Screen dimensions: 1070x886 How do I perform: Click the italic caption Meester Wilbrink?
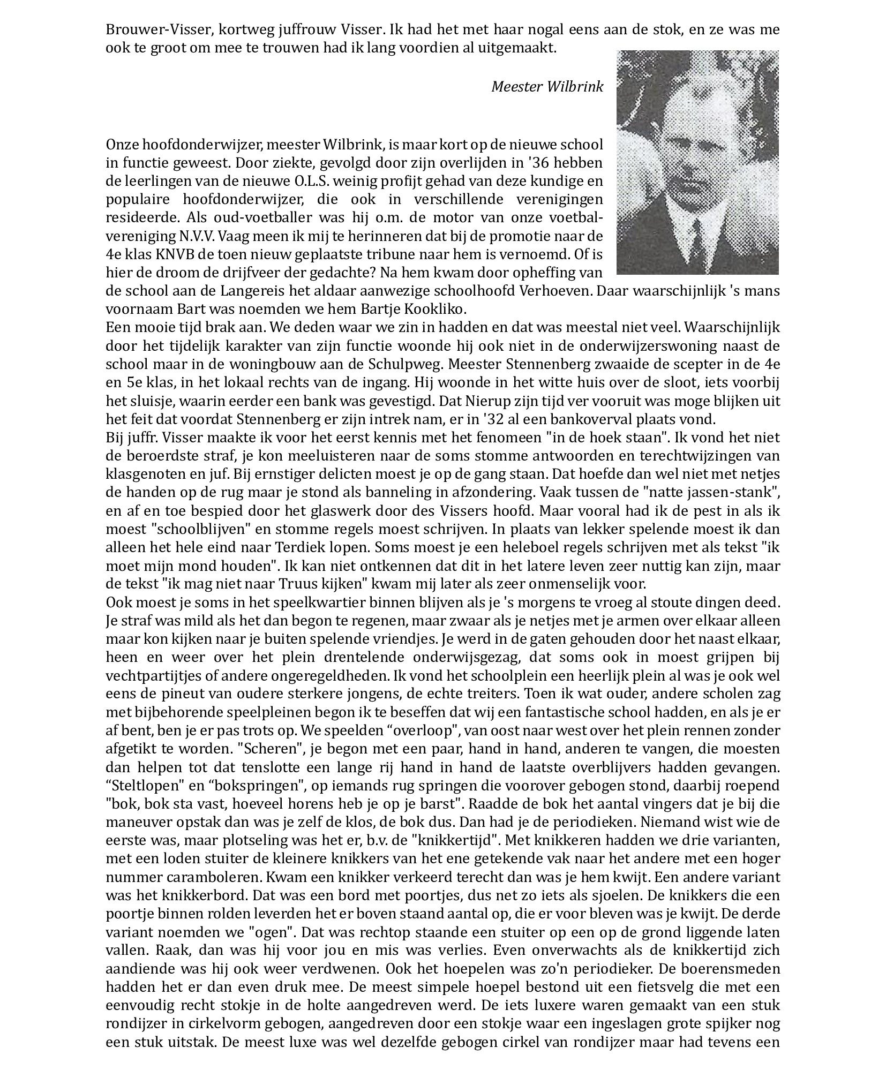pos(547,87)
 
